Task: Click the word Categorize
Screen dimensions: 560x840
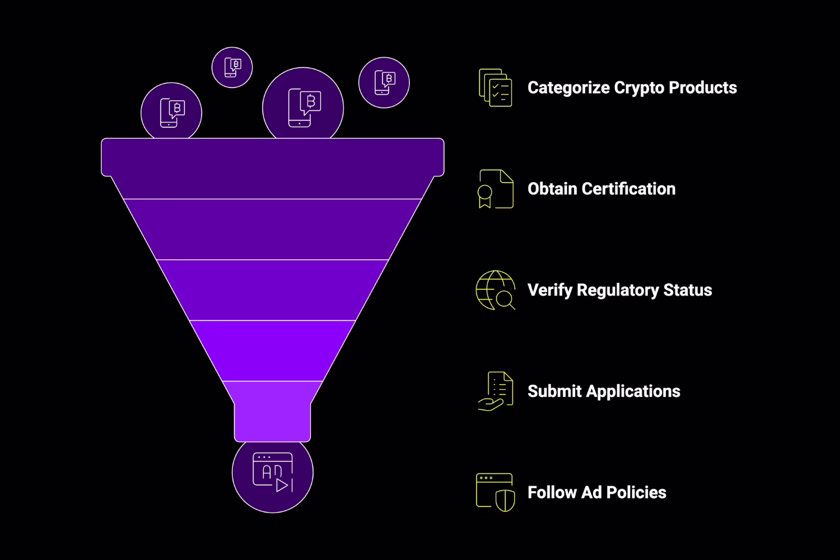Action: point(568,88)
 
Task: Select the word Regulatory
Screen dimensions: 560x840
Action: point(618,291)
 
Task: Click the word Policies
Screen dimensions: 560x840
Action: point(636,493)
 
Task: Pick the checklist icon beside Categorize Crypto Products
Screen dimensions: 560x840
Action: point(495,88)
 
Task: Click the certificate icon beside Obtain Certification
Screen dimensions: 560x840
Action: point(495,189)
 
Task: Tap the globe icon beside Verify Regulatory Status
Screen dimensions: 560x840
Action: point(495,290)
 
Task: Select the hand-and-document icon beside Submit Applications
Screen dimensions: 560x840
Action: point(495,391)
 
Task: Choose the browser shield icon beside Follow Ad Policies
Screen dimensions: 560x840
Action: point(495,493)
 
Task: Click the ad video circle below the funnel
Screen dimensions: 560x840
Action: point(273,473)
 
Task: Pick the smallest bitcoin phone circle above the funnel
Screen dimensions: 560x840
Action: point(232,67)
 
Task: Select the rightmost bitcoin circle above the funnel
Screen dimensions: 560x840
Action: point(384,82)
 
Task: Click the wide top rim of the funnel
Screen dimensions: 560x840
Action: point(273,157)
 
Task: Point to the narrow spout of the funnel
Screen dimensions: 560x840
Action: point(273,420)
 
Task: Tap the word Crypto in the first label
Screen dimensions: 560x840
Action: point(639,88)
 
